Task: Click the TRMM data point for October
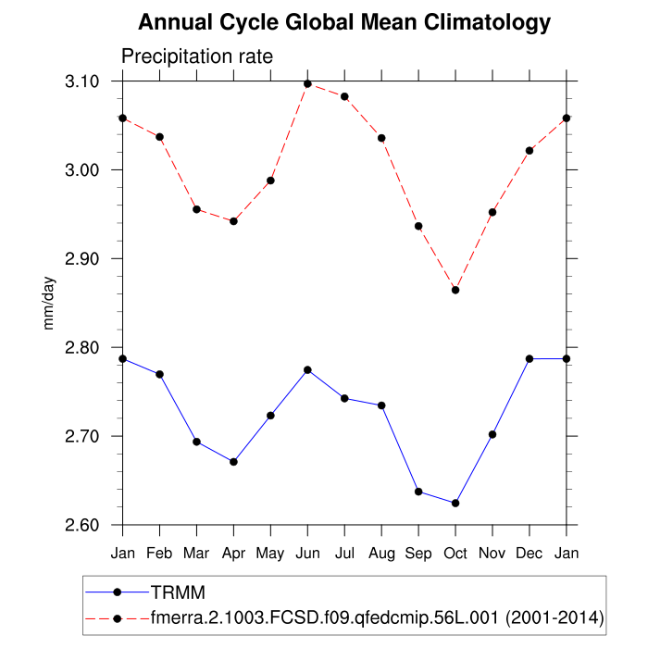pyautogui.click(x=455, y=503)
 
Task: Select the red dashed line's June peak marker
pyautogui.click(x=307, y=84)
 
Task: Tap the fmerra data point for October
pyautogui.click(x=455, y=290)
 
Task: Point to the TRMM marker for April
pyautogui.click(x=233, y=461)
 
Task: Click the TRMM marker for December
pyautogui.click(x=530, y=358)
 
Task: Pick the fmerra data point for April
pyautogui.click(x=233, y=221)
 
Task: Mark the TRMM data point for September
pyautogui.click(x=418, y=492)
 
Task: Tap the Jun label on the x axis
pyautogui.click(x=307, y=554)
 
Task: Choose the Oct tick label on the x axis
pyautogui.click(x=455, y=554)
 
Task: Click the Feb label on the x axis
pyautogui.click(x=159, y=554)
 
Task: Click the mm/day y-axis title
pyautogui.click(x=49, y=303)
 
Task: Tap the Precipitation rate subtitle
pyautogui.click(x=197, y=56)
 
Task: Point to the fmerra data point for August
pyautogui.click(x=381, y=138)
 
